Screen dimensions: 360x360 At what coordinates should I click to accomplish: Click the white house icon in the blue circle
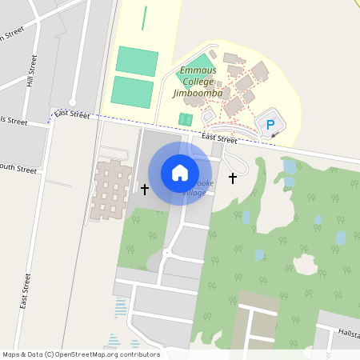[x=180, y=173]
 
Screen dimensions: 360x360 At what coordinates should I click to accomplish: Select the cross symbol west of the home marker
[x=145, y=190]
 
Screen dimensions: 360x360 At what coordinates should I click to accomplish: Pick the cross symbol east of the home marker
[x=233, y=177]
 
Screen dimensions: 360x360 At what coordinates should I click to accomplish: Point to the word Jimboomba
[x=197, y=93]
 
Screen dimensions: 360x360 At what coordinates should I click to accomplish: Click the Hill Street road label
[x=34, y=71]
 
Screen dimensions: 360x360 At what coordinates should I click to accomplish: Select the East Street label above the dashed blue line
[x=73, y=114]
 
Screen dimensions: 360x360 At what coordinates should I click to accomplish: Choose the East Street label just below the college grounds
[x=219, y=138]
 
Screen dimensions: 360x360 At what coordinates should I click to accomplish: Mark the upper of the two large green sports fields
[x=137, y=61]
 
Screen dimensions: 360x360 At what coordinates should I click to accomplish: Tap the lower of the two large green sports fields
[x=132, y=92]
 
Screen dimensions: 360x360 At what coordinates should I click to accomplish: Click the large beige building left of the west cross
[x=111, y=190]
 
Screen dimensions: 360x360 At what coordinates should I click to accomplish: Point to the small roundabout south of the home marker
[x=166, y=254]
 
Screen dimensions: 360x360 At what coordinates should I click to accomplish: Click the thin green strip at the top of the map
[x=144, y=18]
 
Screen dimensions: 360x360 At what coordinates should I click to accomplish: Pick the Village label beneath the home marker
[x=194, y=193]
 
